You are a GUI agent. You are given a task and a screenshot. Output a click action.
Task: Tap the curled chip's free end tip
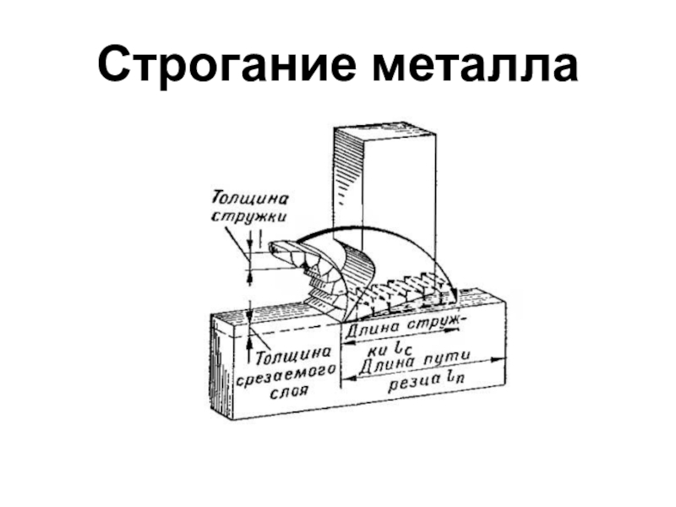pos(275,250)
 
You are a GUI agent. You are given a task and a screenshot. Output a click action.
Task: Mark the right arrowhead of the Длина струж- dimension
pos(455,339)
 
